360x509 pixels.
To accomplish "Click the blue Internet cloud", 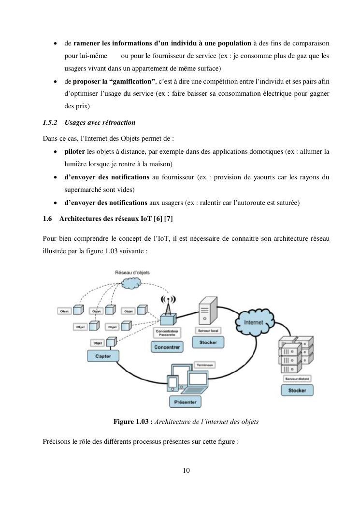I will click(x=255, y=321).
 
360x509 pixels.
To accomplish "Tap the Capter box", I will click(x=103, y=356).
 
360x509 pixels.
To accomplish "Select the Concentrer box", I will click(x=167, y=347).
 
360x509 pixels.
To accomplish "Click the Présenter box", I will click(x=185, y=401).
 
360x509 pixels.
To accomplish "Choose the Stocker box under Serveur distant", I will click(x=297, y=390).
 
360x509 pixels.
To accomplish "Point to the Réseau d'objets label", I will click(x=132, y=273).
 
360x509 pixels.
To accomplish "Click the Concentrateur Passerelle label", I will click(x=167, y=334).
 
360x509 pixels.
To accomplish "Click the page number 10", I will click(x=187, y=470).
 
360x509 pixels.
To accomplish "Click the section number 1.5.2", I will click(x=50, y=123).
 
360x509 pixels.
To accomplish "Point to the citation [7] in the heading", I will click(x=168, y=219).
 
